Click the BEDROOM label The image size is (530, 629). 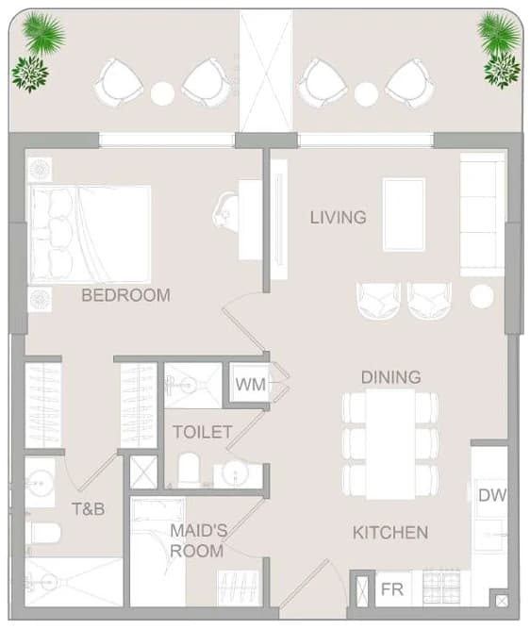point(126,295)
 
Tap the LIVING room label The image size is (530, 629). point(338,218)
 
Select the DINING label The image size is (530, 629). point(391,377)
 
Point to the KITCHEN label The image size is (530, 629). point(390,533)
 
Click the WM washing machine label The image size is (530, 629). point(250,385)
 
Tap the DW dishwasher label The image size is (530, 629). point(492,495)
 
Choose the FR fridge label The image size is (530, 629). point(392,589)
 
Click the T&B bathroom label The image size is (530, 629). point(89,509)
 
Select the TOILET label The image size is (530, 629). point(203,432)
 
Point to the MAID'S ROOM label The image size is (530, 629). point(198,540)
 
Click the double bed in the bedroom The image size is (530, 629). point(91,234)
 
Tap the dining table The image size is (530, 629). point(390,444)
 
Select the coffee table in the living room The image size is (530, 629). point(404,215)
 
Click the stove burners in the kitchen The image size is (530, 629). point(441,587)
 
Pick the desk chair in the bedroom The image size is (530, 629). point(225,210)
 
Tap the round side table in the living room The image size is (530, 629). point(482,296)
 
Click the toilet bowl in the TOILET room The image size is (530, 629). point(189,470)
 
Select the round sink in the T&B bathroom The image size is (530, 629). point(40,483)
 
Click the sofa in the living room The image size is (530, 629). point(482,215)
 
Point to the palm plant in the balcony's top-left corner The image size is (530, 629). point(43,33)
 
